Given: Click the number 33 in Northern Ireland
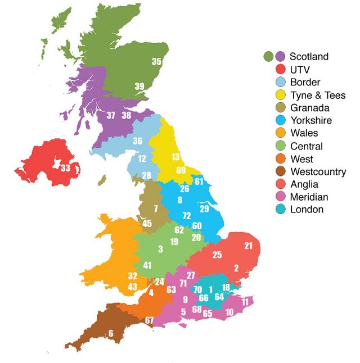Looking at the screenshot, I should [65, 167].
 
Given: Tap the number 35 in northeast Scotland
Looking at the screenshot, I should [157, 61].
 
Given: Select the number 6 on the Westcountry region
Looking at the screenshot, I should [110, 333].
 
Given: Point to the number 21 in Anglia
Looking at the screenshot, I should [249, 246].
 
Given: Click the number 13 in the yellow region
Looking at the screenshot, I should [176, 157].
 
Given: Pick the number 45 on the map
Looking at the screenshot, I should [147, 224].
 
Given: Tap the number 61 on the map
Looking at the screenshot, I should [199, 181].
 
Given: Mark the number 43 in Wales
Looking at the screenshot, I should [132, 287].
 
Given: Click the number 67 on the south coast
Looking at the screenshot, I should [149, 320].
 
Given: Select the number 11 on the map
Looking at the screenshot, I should [245, 302].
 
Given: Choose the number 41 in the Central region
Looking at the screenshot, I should [147, 265].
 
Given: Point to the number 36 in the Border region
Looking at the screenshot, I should [137, 141].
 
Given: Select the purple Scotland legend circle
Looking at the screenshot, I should [281, 56].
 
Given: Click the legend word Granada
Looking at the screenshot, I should [310, 108].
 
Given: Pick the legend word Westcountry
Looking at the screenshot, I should [318, 171].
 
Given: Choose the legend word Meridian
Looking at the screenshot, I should [309, 197].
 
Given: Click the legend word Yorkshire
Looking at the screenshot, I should [311, 120].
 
